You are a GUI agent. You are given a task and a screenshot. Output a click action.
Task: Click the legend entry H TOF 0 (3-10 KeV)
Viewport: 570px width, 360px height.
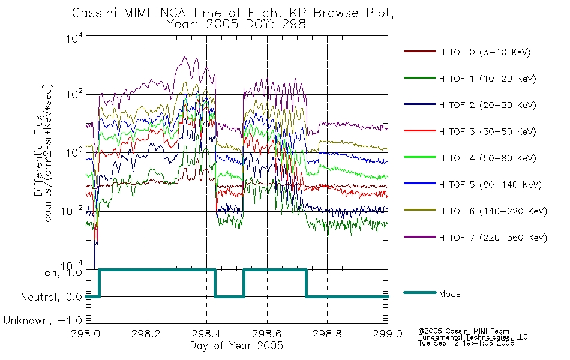[x=485, y=52]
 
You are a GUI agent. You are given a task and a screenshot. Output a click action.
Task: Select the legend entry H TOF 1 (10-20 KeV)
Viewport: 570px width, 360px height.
[x=487, y=79]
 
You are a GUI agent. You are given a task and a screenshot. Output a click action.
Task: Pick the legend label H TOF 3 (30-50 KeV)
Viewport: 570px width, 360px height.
[x=487, y=131]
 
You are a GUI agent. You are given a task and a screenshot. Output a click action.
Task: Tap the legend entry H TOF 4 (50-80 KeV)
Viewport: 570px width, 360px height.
[x=487, y=158]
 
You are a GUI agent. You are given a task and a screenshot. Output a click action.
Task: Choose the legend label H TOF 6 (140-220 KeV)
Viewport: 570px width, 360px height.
[x=493, y=211]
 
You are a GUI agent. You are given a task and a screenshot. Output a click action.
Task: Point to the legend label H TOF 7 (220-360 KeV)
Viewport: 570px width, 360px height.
[x=493, y=238]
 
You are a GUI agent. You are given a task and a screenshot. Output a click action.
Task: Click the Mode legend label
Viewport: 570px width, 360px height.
[x=449, y=294]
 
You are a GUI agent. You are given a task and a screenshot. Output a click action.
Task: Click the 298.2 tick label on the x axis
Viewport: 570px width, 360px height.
[x=145, y=334]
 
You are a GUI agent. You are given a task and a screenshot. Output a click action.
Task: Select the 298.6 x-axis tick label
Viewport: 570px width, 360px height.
[x=266, y=334]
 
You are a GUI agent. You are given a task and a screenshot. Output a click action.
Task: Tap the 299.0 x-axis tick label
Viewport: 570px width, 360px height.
[x=388, y=334]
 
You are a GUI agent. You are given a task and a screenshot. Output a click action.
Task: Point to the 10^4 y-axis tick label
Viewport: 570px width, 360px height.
[x=74, y=38]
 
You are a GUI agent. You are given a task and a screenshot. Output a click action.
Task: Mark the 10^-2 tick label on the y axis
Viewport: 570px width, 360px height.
[x=71, y=211]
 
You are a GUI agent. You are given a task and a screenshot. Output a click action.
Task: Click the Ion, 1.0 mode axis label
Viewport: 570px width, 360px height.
[x=62, y=272]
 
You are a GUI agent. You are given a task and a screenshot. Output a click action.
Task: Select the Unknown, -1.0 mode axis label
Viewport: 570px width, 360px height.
[x=43, y=320]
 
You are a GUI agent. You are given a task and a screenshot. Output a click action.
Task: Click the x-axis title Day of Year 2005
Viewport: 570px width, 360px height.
[x=236, y=346]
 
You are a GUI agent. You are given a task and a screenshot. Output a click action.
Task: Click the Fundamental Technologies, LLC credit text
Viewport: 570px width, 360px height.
[x=473, y=337]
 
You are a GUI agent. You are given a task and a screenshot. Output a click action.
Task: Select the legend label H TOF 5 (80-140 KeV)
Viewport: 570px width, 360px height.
[x=490, y=185]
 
